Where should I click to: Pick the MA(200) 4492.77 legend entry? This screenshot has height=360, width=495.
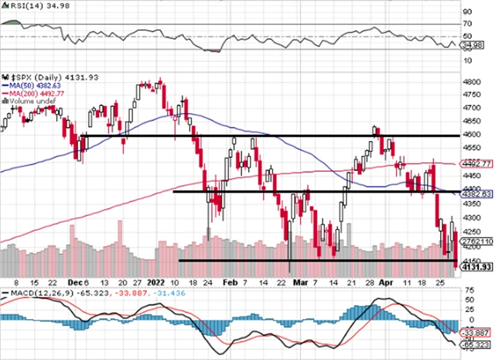tap(35, 93)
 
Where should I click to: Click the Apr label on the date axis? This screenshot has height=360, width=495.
tap(387, 283)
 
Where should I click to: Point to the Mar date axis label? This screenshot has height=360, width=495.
tap(300, 283)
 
